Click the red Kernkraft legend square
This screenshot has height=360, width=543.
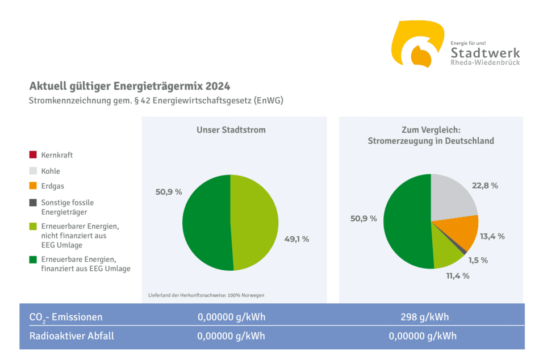[33, 154]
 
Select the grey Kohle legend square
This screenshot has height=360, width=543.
[33, 170]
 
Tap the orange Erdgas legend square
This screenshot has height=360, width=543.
[33, 186]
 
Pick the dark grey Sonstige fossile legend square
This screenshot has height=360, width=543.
[33, 202]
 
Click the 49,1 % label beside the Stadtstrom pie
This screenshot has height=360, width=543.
[296, 239]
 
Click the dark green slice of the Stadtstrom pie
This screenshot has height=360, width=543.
[206, 223]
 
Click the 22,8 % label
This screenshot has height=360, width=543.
[485, 186]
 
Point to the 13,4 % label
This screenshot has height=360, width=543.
[492, 236]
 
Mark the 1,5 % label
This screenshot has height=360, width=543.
[478, 260]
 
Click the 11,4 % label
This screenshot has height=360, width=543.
[457, 275]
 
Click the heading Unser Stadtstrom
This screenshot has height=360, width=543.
[231, 130]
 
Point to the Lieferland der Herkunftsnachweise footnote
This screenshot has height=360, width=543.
[206, 295]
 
